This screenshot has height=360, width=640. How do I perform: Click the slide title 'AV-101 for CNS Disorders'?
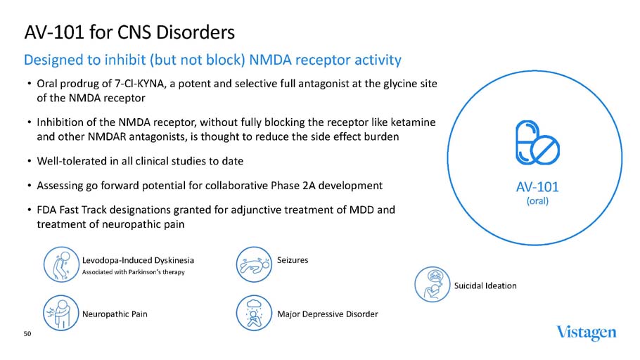pyautogui.click(x=129, y=32)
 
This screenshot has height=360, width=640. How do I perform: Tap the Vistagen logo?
pyautogui.click(x=586, y=332)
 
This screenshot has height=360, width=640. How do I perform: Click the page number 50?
pyautogui.click(x=27, y=335)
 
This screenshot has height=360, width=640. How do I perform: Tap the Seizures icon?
pyautogui.click(x=252, y=261)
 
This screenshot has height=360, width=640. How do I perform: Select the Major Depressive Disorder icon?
pyautogui.click(x=252, y=313)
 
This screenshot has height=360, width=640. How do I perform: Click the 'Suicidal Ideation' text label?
pyautogui.click(x=485, y=285)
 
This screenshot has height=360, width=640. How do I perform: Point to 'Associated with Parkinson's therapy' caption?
pyautogui.click(x=133, y=273)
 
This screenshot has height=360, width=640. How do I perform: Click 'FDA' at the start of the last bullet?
pyautogui.click(x=46, y=210)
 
